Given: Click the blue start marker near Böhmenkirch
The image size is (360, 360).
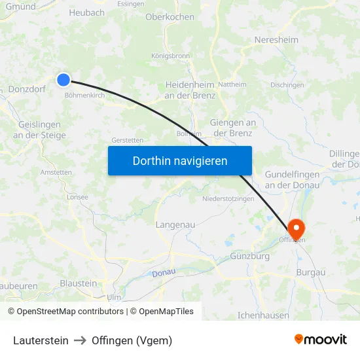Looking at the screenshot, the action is (63, 80).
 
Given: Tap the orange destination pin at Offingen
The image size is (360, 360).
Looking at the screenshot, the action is (297, 228).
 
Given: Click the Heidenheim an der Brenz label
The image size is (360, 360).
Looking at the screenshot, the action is (190, 90).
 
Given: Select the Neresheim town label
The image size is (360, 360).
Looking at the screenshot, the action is (276, 40).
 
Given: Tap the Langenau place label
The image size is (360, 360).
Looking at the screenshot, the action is (175, 225).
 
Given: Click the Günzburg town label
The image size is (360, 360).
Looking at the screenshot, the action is (249, 256).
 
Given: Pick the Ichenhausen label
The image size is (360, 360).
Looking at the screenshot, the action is (263, 315).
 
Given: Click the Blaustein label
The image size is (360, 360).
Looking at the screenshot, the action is (78, 283).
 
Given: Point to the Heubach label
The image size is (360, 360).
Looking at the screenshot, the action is (86, 12).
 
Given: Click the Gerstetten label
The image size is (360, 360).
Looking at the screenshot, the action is (127, 140).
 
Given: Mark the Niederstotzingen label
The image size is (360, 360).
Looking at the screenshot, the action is (227, 198).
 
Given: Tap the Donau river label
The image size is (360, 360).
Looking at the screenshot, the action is (163, 273).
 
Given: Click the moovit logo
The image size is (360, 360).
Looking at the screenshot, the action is (320, 340).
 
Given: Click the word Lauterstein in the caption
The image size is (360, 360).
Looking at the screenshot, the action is (41, 340).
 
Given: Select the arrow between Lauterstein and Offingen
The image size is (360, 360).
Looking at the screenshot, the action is (80, 340).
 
